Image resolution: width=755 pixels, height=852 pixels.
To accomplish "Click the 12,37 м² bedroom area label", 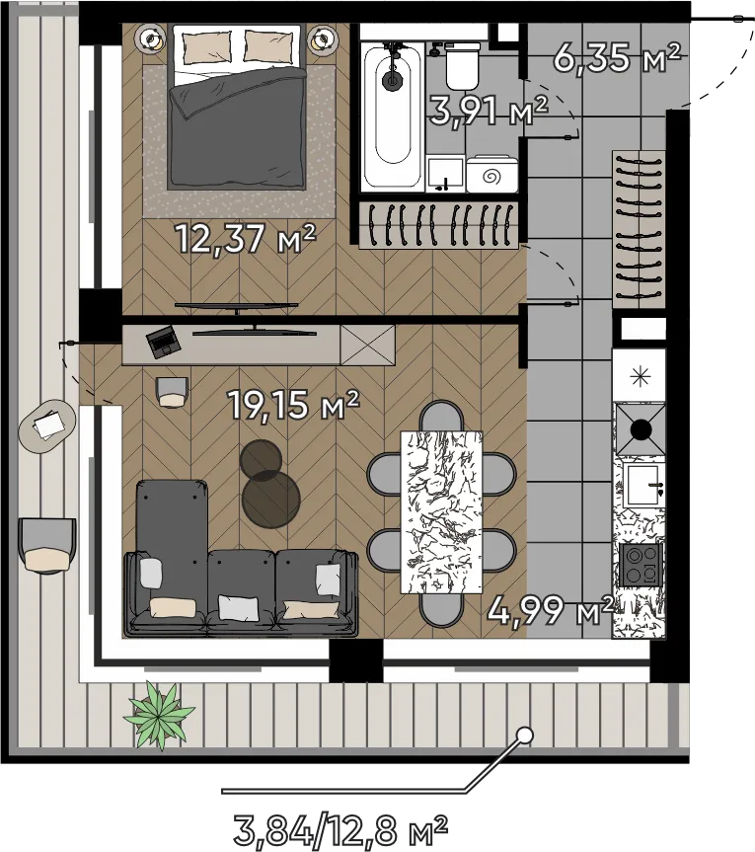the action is (x=246, y=239).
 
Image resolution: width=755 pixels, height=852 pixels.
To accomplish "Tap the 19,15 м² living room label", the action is (x=294, y=404).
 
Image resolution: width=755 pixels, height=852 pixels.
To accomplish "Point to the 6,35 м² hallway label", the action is (x=617, y=58).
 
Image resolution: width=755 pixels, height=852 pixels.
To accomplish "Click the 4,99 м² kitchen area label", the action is (x=551, y=610).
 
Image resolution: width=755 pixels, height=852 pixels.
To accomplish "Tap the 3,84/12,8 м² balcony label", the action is (x=340, y=829).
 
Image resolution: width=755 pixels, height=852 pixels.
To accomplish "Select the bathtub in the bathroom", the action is (x=392, y=116).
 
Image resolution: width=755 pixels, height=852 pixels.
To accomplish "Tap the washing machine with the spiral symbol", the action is (x=491, y=174).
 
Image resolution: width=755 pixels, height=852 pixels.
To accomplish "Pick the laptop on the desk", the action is (x=163, y=342).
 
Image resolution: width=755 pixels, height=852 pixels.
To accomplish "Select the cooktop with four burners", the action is (x=641, y=565).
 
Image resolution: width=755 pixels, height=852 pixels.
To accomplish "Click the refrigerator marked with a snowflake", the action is (x=640, y=375).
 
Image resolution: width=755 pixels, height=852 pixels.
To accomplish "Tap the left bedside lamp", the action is (x=152, y=39).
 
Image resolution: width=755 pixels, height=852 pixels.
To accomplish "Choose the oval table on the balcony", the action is (x=47, y=426).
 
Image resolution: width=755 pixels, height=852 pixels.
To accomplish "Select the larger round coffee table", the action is (x=271, y=500).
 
